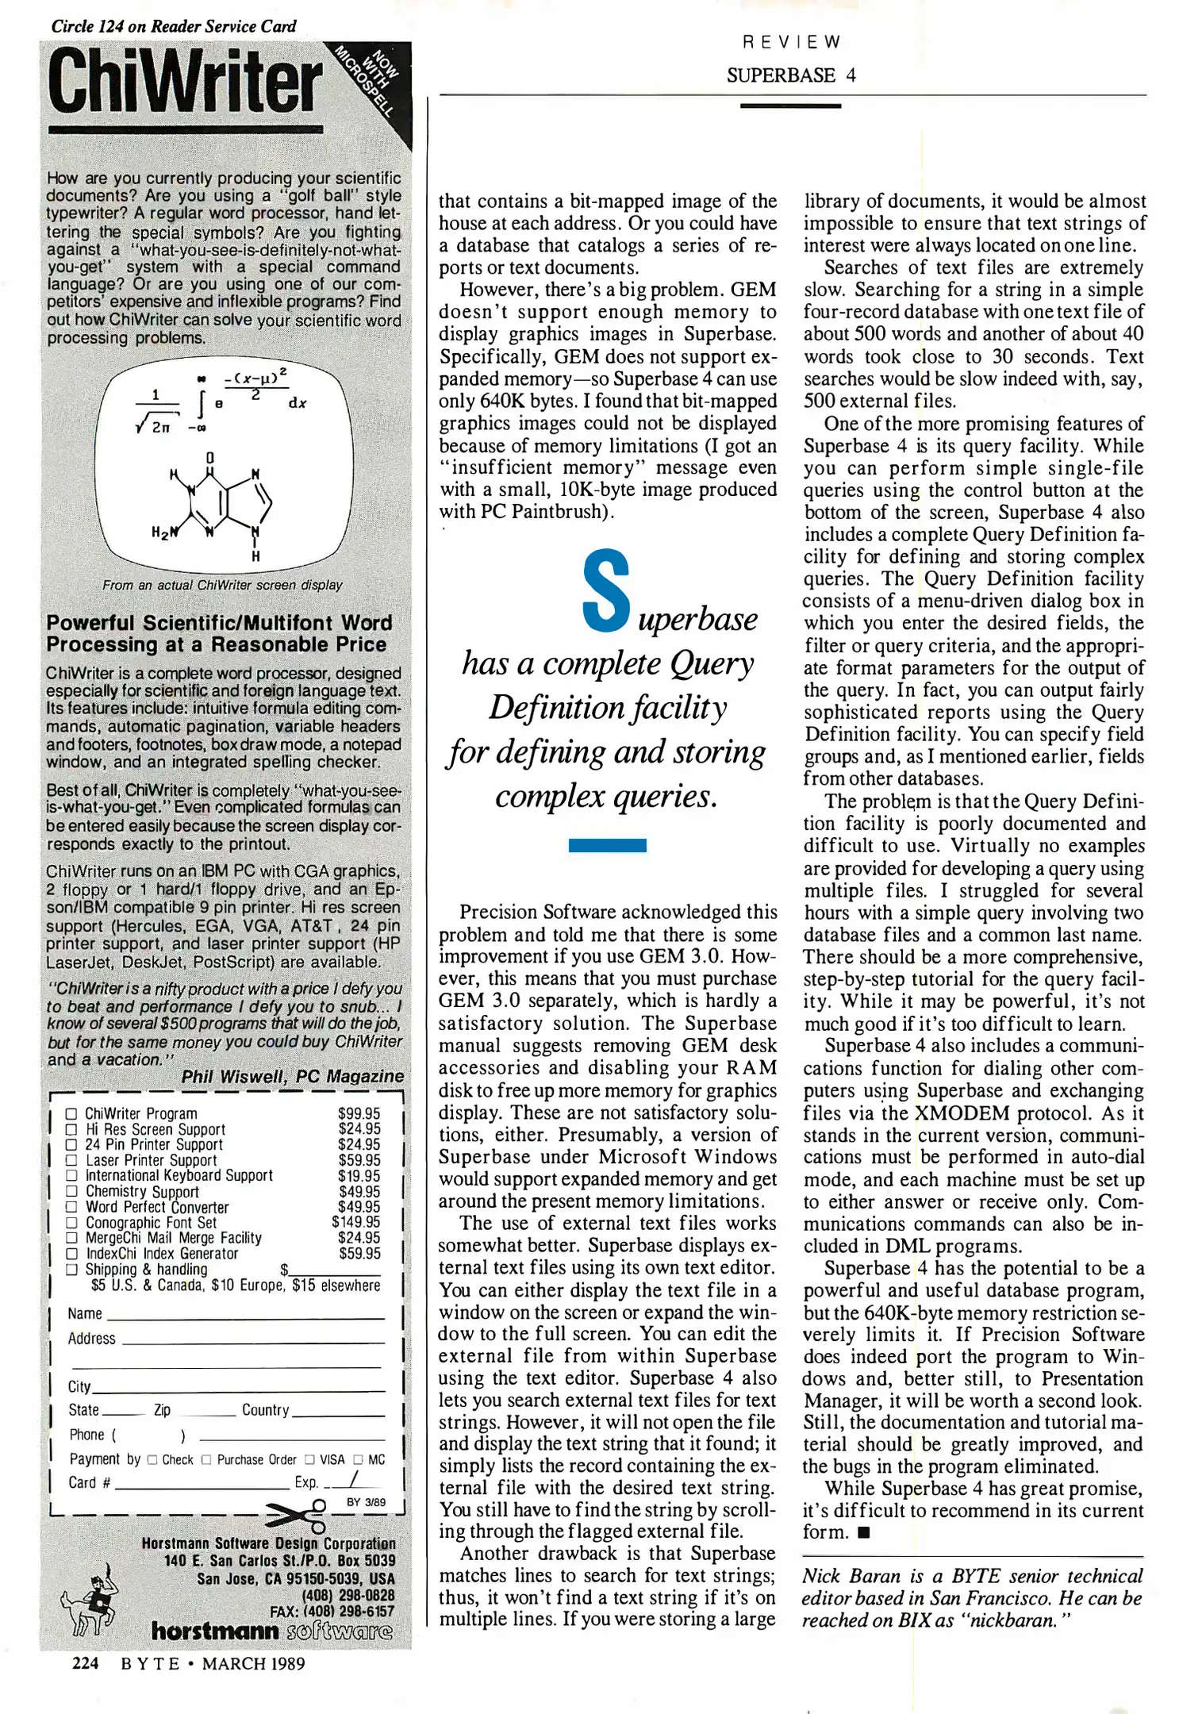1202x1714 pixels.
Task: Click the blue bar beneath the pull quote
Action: pos(607,845)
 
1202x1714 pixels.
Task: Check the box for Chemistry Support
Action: pos(71,1191)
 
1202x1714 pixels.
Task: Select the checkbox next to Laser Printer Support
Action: pos(71,1160)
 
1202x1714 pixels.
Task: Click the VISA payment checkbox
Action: pos(310,1459)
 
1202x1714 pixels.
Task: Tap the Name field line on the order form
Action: pos(246,1316)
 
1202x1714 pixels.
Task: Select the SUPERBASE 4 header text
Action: pos(790,75)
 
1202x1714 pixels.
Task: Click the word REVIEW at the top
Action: pos(790,42)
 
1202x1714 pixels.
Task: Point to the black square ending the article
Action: pos(864,1532)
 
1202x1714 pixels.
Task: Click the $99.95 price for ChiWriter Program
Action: pos(359,1113)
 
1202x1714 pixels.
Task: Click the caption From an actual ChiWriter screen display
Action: pos(222,585)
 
